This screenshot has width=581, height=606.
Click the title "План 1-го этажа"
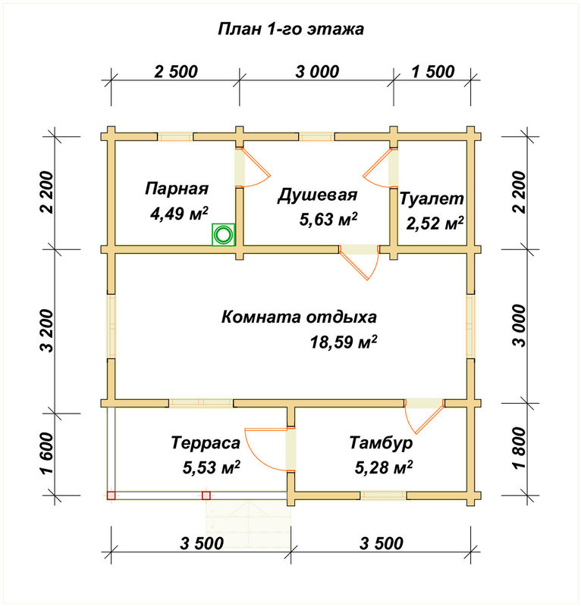click(290, 30)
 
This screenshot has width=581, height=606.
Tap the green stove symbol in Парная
click(223, 234)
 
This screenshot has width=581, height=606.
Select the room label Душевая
click(317, 195)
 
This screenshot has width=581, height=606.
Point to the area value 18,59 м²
click(344, 342)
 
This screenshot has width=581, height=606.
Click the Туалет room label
click(432, 198)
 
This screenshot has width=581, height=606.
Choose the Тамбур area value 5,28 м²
click(383, 467)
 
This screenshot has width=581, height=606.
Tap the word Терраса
click(206, 443)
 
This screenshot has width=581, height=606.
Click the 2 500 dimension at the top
click(176, 72)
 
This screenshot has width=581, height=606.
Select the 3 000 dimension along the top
click(317, 72)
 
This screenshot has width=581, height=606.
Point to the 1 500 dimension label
click(433, 72)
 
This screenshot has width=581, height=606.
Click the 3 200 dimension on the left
click(49, 330)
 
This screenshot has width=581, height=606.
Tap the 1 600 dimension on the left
click(49, 453)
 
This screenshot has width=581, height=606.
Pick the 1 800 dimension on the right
click(520, 448)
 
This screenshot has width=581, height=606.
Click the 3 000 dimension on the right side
click(520, 326)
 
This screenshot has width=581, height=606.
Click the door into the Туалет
click(378, 166)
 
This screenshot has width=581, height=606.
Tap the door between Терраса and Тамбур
click(267, 449)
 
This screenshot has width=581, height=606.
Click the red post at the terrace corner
click(111, 495)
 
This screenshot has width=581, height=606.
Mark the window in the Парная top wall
click(175, 137)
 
